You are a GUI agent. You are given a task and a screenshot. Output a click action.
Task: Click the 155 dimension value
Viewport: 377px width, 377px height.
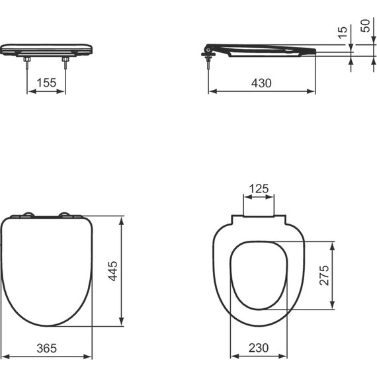pos(46,83)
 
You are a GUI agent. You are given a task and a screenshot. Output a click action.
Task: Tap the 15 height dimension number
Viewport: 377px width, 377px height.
pos(342,32)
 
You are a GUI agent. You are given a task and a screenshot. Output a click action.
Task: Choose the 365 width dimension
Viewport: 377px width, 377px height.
pos(46,348)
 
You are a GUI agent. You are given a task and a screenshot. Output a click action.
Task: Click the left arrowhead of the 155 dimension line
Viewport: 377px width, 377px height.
pos(29,91)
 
